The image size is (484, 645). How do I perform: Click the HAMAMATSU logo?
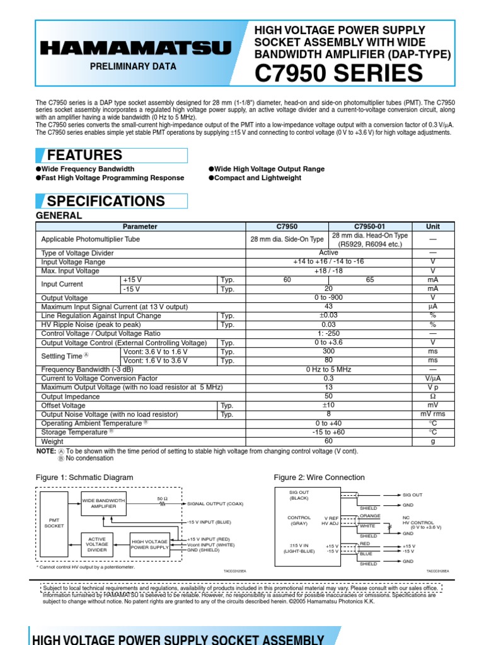point(136,49)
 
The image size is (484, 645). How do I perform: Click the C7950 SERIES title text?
point(338,74)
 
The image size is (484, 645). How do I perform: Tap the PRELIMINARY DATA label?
point(133,66)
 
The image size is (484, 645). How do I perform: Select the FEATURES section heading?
point(84,156)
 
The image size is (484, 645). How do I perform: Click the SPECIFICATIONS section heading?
point(106,202)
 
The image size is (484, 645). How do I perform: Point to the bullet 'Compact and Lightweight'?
point(258,178)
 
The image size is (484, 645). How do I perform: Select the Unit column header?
point(432,226)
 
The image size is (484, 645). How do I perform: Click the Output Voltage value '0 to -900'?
point(328,297)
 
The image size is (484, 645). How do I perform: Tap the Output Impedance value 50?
point(328,397)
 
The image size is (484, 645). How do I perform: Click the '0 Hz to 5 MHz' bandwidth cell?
point(328,369)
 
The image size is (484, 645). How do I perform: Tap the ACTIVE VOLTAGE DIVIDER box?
point(97,544)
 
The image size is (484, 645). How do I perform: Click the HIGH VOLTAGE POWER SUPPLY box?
point(149,544)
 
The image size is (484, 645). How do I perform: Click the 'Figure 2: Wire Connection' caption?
point(319,477)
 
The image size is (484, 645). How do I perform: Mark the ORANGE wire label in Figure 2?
point(370,516)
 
